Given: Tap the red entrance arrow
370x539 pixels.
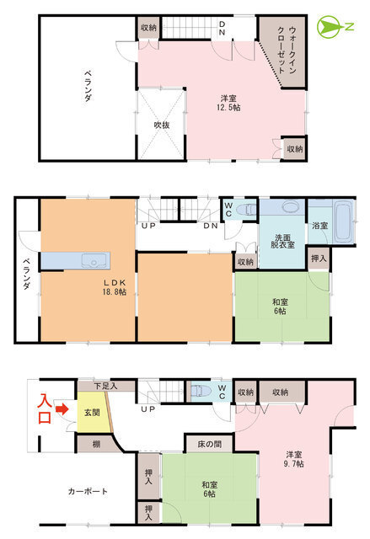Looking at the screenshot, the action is click(x=62, y=409).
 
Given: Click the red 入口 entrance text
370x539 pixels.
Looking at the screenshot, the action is click(x=45, y=408).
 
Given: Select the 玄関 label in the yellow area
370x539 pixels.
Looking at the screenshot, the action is click(x=92, y=412).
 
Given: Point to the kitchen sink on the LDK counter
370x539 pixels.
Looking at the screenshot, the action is click(x=94, y=261).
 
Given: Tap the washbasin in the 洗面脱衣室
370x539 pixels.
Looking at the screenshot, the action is click(x=291, y=207).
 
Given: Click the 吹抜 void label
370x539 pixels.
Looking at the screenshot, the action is click(x=161, y=125).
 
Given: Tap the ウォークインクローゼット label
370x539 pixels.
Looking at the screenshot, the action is click(x=287, y=51).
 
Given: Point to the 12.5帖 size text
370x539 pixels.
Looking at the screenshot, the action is click(x=228, y=107).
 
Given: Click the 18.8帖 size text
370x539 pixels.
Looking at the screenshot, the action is click(x=114, y=292).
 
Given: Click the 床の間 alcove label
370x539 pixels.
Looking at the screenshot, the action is click(x=209, y=444).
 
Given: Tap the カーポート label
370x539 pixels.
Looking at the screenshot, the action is click(x=88, y=491).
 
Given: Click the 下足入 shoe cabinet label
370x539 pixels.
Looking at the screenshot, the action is click(x=105, y=386).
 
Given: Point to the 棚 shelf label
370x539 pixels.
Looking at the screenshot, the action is click(x=96, y=444).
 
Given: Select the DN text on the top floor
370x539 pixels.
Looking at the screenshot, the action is click(x=223, y=28).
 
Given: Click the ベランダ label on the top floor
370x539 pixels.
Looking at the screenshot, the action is click(x=88, y=86).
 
